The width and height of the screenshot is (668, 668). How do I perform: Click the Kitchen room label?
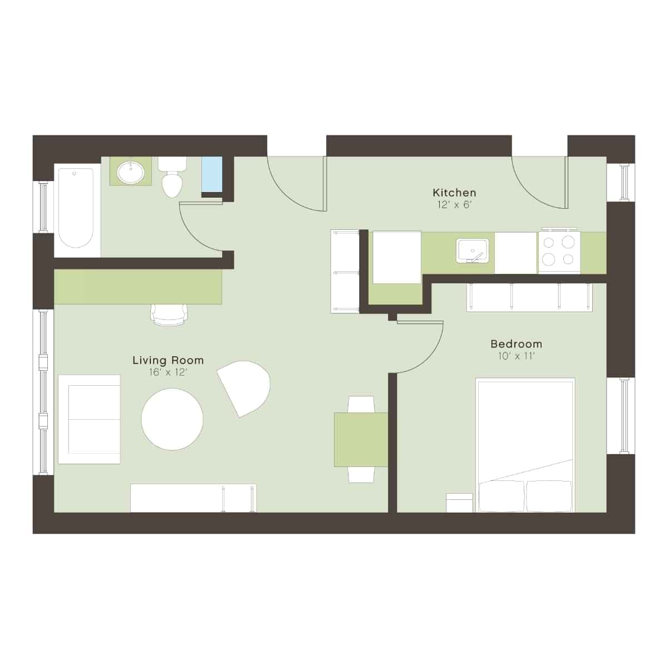coord(454,193)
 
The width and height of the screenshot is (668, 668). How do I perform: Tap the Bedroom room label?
coord(516,344)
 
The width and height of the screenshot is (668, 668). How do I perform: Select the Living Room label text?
coord(168,361)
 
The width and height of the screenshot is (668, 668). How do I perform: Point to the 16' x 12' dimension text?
coord(168,372)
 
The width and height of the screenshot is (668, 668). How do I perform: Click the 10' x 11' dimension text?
coord(516,356)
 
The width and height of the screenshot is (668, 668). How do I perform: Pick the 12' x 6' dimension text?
coord(454,205)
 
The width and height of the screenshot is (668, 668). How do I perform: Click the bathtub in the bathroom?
coord(76,208)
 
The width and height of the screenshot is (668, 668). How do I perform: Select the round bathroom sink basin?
coord(131,171)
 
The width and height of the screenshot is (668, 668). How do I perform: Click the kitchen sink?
coord(472,250)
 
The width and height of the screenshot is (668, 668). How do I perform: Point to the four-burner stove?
coord(559,251)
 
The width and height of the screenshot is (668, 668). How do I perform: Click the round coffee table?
coord(172,419)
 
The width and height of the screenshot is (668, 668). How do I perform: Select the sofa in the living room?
coord(89,419)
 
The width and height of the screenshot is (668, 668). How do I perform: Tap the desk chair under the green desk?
coord(169,315)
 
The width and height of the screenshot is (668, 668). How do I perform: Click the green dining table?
coord(361,439)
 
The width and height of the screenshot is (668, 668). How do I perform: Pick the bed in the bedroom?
coord(525,445)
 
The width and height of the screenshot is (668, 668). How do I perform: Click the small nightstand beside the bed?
coord(459,503)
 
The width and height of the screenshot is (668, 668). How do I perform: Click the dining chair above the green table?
coord(361,404)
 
